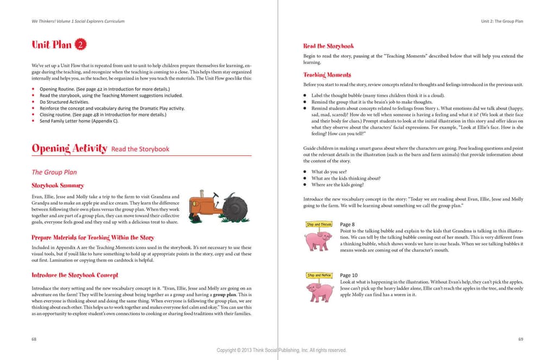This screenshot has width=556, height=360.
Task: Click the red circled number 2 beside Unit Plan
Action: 80,45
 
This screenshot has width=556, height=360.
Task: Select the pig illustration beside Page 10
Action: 320,291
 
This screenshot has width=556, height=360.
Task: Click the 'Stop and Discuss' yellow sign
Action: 319,224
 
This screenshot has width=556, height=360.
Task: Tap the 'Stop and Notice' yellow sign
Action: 319,275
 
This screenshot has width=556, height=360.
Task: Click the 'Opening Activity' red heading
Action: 69,148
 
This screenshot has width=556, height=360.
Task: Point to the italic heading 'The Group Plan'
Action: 54,172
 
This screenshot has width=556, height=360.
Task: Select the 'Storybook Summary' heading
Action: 58,186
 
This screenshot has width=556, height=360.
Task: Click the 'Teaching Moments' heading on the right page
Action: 327,75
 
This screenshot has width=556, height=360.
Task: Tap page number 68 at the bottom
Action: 34,339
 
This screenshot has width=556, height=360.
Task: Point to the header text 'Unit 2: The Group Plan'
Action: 502,21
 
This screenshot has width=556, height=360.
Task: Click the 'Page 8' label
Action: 347,224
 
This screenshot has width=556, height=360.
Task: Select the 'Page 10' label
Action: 349,275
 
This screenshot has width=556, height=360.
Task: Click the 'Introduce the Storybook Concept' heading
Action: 75,275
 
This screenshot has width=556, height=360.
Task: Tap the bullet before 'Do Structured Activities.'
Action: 34,102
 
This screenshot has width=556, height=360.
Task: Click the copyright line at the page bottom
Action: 281,350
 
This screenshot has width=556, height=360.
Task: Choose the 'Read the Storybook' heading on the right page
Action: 328,46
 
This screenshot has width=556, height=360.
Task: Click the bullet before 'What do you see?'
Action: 306,172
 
